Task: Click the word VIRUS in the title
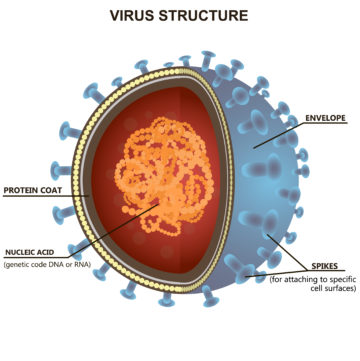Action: (138, 15)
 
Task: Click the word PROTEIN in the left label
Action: (22, 189)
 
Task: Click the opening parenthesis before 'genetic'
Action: (5, 264)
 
